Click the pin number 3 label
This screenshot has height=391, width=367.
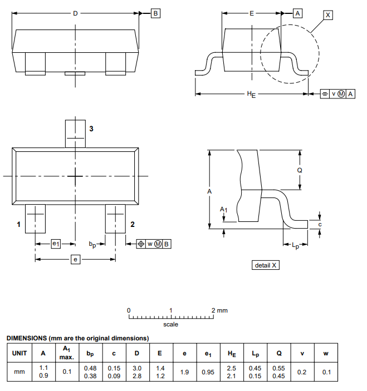click(x=91, y=129)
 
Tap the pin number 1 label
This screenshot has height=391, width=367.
click(x=18, y=225)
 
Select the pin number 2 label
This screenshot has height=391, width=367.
click(x=133, y=225)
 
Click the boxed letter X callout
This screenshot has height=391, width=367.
click(x=327, y=15)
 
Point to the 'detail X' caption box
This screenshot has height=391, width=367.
click(x=266, y=265)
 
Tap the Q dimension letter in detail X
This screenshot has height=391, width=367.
click(x=300, y=171)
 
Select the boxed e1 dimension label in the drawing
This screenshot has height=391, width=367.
click(x=56, y=244)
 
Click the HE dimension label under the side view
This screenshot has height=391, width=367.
click(x=251, y=95)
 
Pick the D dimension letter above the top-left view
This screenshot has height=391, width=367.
click(x=76, y=13)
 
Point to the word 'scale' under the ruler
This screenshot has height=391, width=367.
click(x=170, y=324)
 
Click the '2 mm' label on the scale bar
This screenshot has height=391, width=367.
click(x=219, y=310)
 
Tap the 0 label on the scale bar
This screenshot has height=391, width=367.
click(x=129, y=310)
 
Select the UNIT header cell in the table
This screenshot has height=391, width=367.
click(x=19, y=353)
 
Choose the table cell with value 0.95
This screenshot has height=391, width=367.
click(x=208, y=372)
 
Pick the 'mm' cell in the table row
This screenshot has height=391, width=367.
click(x=19, y=372)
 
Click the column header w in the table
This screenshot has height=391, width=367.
click(x=325, y=353)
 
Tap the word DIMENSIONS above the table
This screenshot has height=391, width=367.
click(x=26, y=338)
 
